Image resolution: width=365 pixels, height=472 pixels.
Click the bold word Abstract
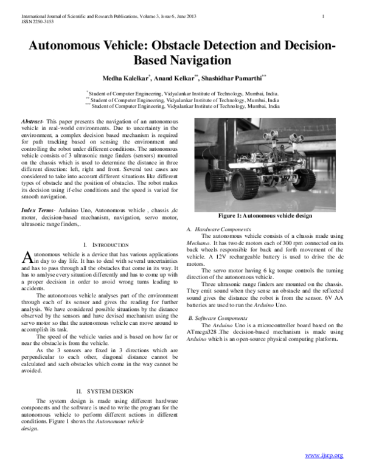[32, 122]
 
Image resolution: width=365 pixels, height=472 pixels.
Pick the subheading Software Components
[217, 318]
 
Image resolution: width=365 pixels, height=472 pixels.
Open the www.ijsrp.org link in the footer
[324, 455]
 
